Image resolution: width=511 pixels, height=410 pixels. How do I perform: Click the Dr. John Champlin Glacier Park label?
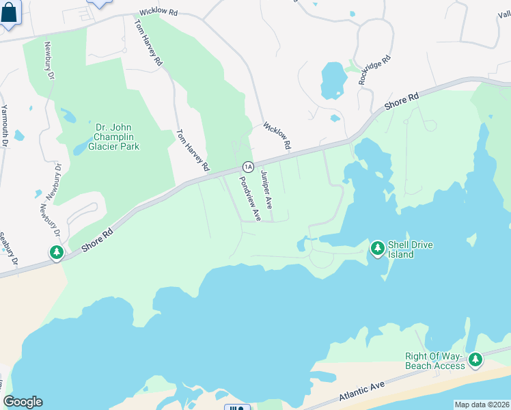click(114, 137)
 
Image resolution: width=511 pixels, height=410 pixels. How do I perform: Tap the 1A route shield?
click(248, 167)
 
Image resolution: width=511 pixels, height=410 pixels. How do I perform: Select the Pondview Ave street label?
click(249, 199)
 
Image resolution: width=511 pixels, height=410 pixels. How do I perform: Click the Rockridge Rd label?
click(376, 70)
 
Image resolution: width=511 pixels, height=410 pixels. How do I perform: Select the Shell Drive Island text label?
click(411, 249)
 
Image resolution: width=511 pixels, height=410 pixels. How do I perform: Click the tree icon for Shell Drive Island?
click(377, 249)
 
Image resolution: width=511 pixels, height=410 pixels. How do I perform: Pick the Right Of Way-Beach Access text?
click(435, 361)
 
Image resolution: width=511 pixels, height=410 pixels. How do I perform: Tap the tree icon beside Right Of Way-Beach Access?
click(475, 359)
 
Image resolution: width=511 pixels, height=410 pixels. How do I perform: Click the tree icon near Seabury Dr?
click(57, 253)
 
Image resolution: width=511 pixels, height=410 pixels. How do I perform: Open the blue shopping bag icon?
click(10, 14)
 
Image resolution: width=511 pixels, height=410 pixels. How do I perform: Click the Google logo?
click(23, 402)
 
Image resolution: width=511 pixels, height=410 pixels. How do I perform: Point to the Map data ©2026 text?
click(481, 405)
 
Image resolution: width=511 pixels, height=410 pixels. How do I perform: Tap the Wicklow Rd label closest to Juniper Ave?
click(278, 137)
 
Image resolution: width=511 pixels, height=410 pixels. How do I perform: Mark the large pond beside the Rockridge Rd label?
click(333, 80)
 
